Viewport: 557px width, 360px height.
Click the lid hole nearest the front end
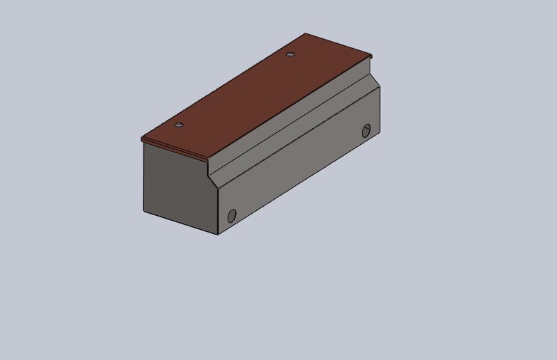(178, 125)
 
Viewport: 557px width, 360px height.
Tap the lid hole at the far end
(291, 53)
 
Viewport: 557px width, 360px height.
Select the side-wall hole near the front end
(232, 214)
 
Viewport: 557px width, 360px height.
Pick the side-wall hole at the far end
(366, 130)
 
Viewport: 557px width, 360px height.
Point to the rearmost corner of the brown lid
(305, 33)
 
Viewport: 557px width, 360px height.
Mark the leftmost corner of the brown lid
(141, 139)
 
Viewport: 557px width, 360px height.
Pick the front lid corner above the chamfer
(209, 160)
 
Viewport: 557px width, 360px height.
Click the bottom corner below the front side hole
(219, 234)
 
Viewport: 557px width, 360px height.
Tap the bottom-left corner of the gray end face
(143, 211)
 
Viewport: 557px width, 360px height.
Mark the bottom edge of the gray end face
(181, 223)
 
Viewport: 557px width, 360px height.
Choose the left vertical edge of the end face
(143, 178)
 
